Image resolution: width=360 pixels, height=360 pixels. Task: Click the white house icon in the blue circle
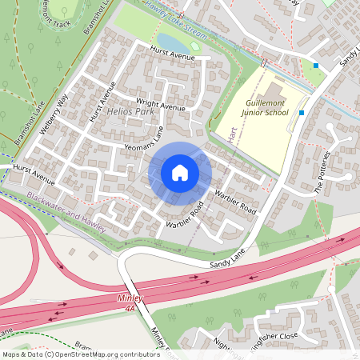(180, 172)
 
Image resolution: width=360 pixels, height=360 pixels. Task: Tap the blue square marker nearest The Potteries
(301, 113)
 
